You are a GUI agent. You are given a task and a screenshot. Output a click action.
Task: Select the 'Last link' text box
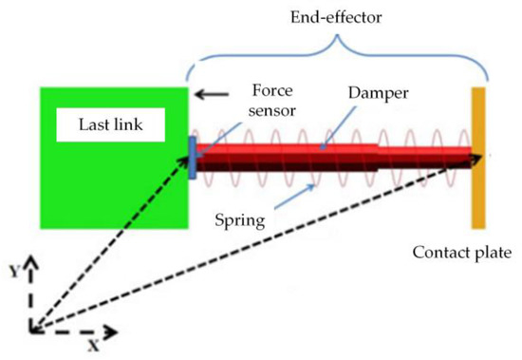[x=97, y=122]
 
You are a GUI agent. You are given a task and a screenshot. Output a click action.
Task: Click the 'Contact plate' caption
[x=462, y=254]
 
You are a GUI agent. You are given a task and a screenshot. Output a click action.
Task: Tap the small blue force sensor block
[x=193, y=158]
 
